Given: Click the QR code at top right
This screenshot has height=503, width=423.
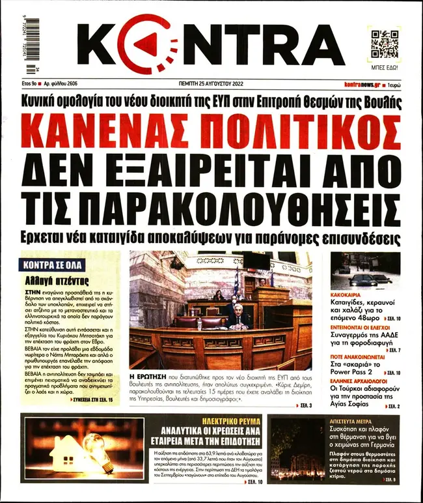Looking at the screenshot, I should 385,44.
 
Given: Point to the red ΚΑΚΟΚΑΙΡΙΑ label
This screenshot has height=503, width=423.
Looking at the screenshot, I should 348,293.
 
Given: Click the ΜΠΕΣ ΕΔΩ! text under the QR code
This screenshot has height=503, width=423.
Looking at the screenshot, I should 385,67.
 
